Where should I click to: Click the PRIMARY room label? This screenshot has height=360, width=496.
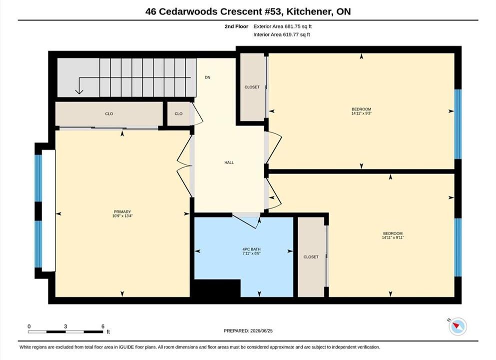[x=122, y=212]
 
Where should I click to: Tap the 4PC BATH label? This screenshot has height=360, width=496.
[x=251, y=249]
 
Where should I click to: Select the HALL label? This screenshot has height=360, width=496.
[x=229, y=162]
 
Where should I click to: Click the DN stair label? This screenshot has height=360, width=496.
[x=207, y=77]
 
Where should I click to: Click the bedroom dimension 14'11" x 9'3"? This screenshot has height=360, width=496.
[x=361, y=113]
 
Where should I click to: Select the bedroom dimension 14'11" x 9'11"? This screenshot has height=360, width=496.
[x=393, y=237]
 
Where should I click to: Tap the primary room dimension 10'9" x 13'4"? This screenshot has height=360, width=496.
[x=122, y=216]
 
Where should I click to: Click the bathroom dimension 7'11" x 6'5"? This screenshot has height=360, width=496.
[x=251, y=253]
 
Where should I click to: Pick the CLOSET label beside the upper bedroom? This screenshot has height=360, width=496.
[x=252, y=87]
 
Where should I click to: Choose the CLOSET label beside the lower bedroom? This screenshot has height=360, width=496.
[x=311, y=257]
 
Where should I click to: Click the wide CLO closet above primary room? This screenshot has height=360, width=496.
[x=109, y=113]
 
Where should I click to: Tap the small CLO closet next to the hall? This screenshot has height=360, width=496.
[x=178, y=113]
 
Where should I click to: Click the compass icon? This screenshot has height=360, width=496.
[x=458, y=326]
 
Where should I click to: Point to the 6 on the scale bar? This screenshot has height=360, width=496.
[x=103, y=326]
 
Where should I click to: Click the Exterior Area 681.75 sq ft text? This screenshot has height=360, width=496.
[x=283, y=26]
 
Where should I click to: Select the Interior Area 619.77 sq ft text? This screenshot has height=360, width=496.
[x=282, y=34]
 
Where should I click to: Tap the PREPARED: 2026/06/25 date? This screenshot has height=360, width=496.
[x=248, y=331]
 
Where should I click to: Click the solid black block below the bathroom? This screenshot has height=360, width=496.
[x=217, y=288]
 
